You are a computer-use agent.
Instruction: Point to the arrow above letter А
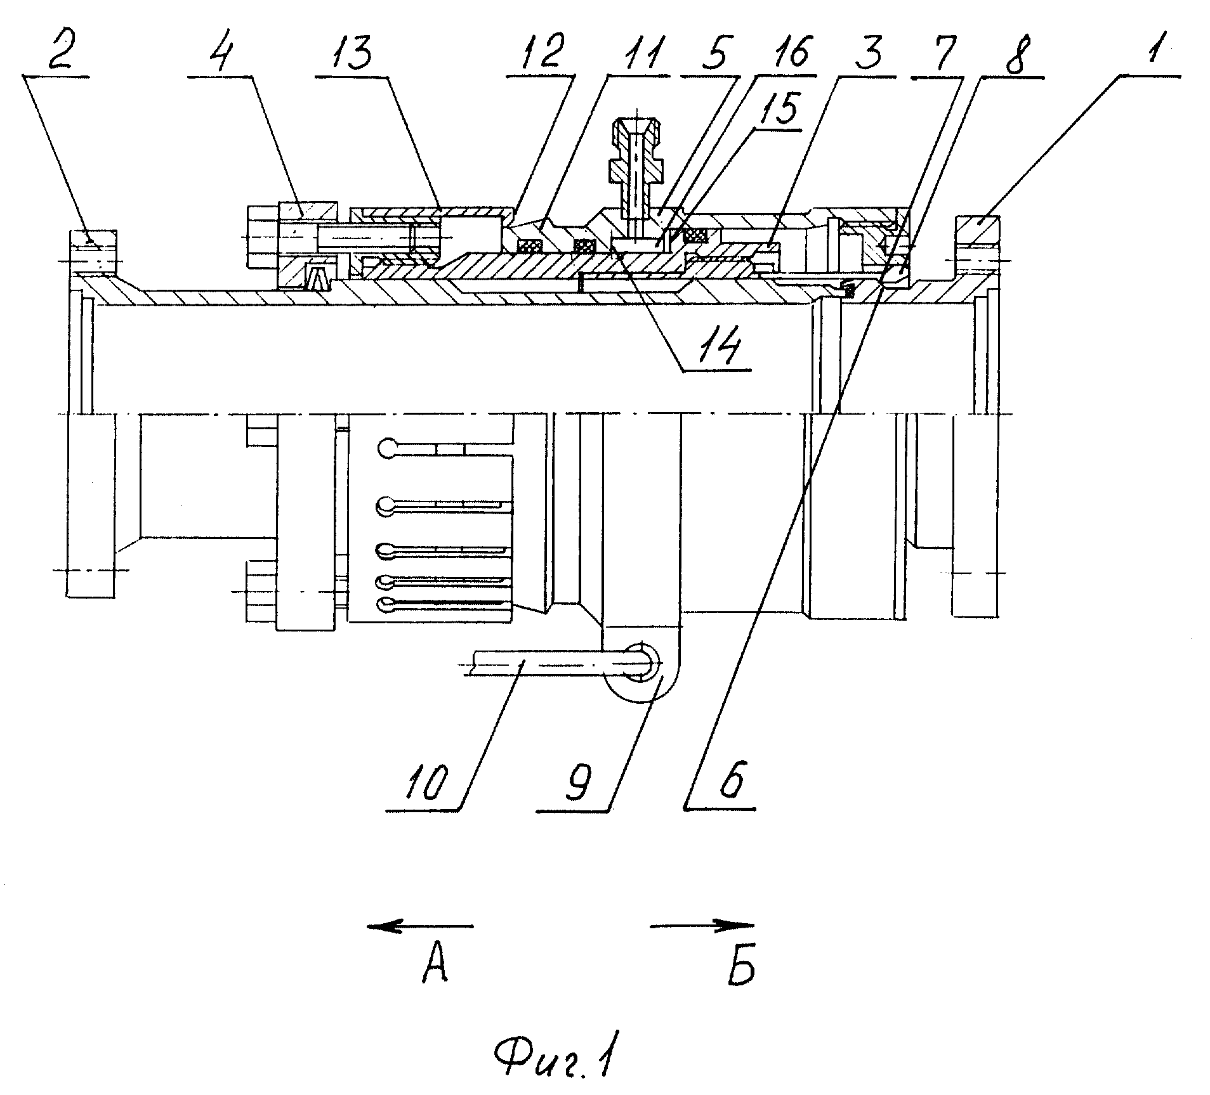click(421, 926)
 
